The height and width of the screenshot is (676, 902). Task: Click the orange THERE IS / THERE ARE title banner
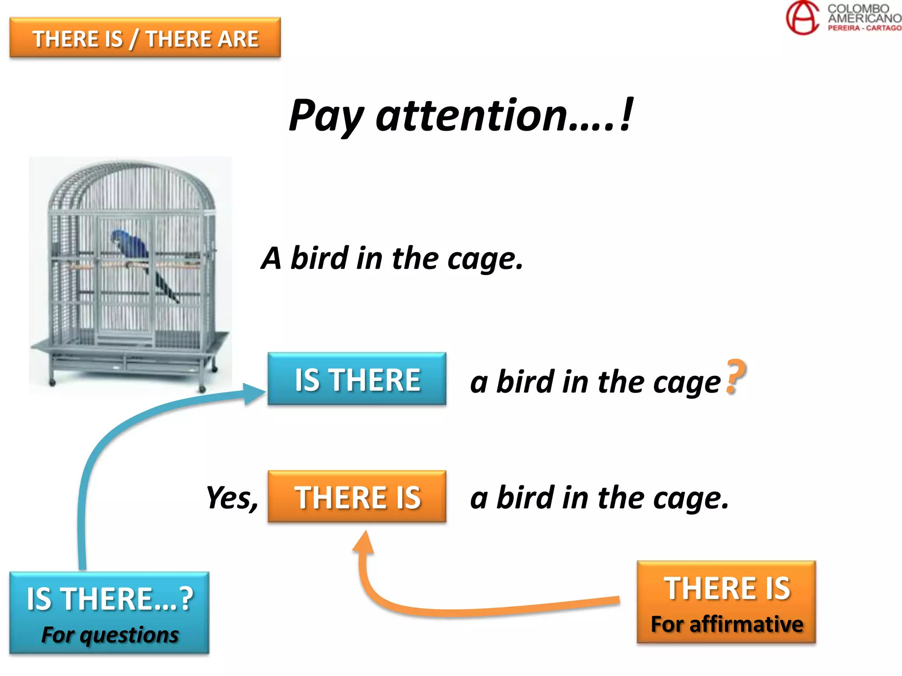(x=145, y=38)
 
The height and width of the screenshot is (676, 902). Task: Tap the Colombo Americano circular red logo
(x=802, y=18)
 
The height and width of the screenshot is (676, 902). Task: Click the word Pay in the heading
(x=326, y=116)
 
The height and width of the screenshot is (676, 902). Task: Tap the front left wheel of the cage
(x=52, y=382)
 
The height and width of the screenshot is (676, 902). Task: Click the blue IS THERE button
(x=357, y=379)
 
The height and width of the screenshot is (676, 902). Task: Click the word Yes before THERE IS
(x=232, y=498)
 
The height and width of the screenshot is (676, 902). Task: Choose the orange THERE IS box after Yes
(x=357, y=497)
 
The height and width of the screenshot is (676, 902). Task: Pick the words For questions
(x=110, y=635)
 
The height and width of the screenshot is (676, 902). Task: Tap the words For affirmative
(x=727, y=624)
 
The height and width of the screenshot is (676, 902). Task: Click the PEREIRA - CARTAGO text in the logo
(x=864, y=28)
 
